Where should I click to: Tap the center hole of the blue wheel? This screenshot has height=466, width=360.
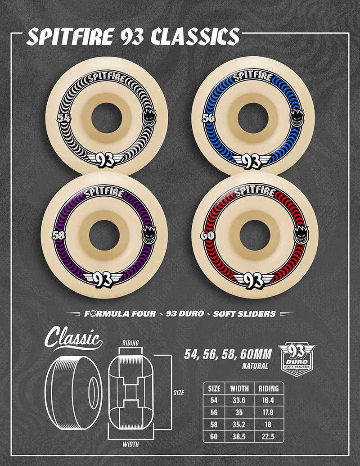[x=252, y=118]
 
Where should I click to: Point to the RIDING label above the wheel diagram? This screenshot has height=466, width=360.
[x=130, y=343]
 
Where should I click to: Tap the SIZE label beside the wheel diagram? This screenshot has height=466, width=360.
[x=179, y=393]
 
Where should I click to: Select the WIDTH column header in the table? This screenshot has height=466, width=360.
[x=239, y=388]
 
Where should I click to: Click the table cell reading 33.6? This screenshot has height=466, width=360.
[x=239, y=400]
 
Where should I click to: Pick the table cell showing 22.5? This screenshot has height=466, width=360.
[x=269, y=436]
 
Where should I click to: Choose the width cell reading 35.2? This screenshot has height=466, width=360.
[x=239, y=424]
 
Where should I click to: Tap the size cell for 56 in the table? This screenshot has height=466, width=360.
[x=214, y=412]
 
